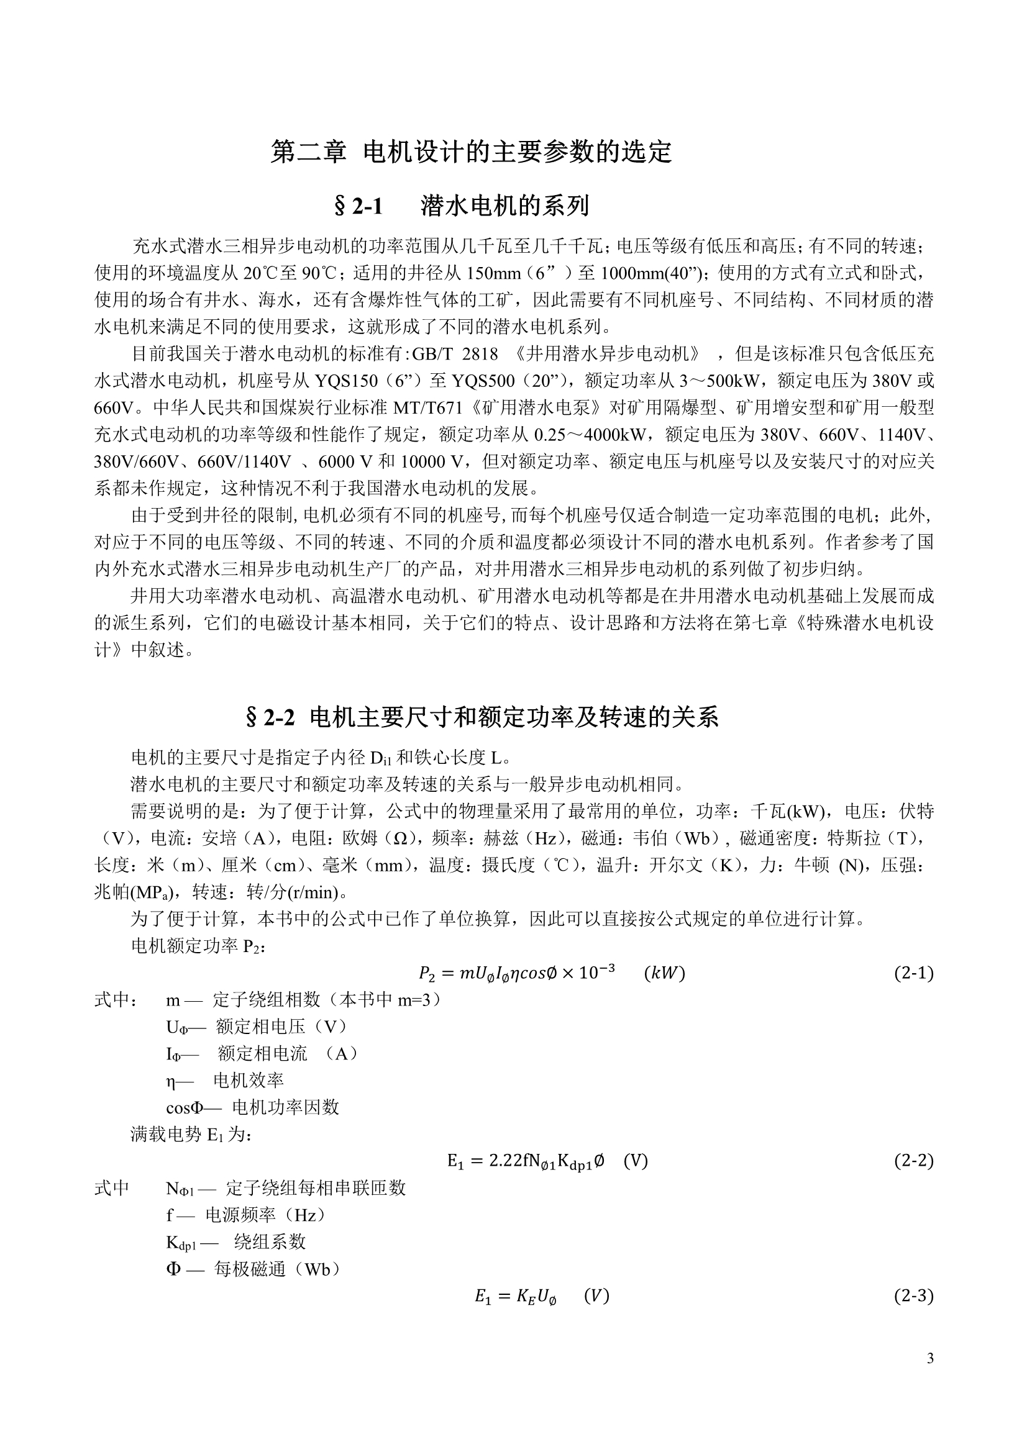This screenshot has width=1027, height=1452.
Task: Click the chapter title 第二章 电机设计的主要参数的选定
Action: point(471,152)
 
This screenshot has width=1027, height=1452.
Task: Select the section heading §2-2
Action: point(482,717)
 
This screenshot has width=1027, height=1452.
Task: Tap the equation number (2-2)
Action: point(913,1161)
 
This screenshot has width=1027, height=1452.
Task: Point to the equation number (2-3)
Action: point(913,1295)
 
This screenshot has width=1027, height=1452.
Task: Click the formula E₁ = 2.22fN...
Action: point(547,1161)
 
